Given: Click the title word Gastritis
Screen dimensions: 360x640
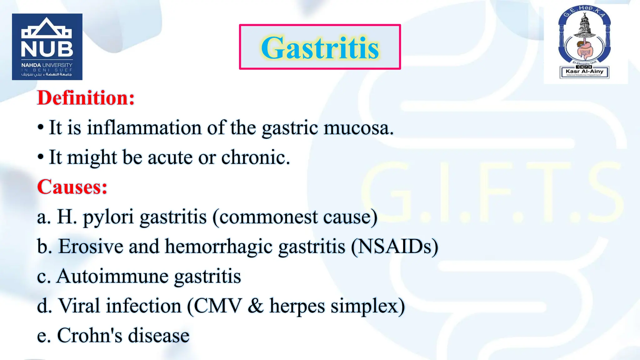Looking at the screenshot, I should coord(320,48).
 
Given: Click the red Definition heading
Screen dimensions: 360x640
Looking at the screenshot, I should coord(86,98).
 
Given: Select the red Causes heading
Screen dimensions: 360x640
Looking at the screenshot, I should coord(72,187).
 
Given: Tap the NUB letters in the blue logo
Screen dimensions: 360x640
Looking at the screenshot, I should coord(47,49).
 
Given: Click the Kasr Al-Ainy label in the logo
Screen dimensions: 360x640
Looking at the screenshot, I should coord(584,71).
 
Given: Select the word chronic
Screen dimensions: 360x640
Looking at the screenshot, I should coord(256,157).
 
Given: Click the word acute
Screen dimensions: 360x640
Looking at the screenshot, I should coord(170,157).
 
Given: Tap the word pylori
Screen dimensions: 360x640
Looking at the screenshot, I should coord(108,217).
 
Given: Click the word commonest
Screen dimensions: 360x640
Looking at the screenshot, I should coord(268,217).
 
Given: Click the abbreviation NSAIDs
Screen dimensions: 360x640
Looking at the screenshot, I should coord(394,246).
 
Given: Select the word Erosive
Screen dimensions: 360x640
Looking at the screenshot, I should coord(91,246).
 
